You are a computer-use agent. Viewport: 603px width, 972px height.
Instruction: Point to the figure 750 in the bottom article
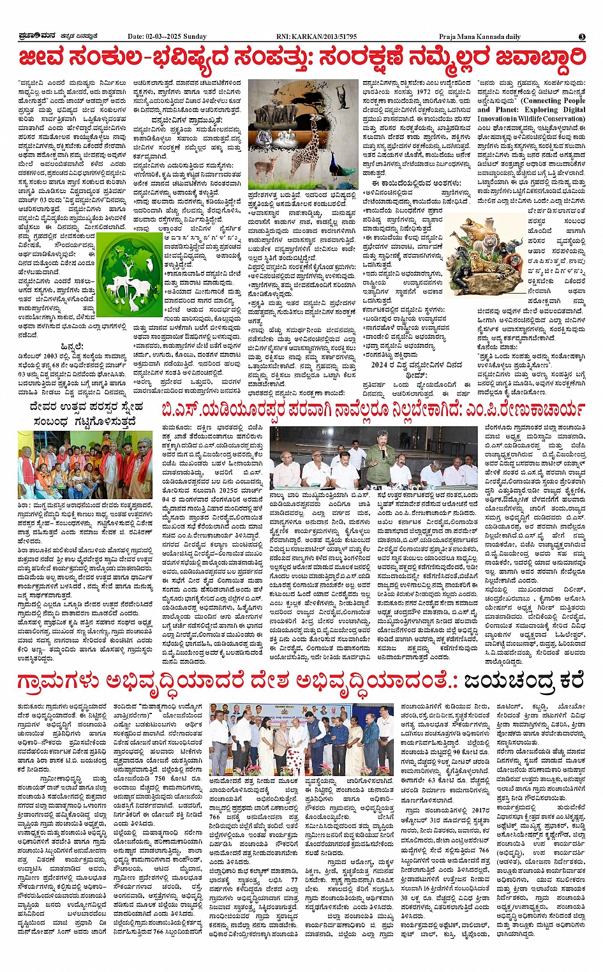point(154,778)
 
